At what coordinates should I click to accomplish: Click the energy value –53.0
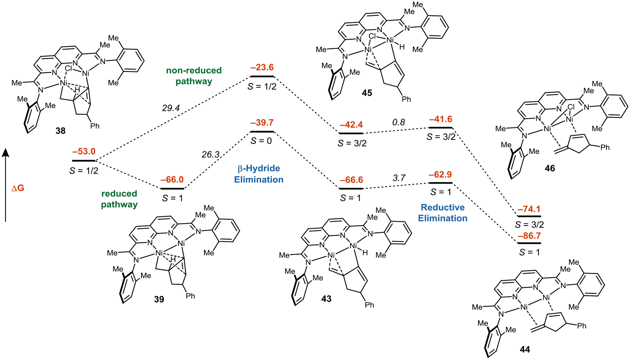click(x=84, y=152)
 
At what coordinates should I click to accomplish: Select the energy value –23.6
click(x=262, y=67)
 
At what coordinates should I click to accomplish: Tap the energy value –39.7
click(x=262, y=123)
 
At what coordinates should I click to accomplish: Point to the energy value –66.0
click(x=172, y=180)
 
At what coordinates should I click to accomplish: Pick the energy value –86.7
click(x=529, y=236)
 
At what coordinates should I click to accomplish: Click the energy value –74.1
click(x=529, y=209)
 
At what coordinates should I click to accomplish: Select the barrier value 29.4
click(x=171, y=108)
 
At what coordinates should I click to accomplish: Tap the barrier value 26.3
click(x=210, y=154)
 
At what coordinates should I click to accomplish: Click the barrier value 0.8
click(x=398, y=122)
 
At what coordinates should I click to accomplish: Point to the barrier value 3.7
click(x=399, y=178)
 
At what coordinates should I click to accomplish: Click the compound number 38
click(x=60, y=131)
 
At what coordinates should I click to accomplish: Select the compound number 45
click(x=367, y=93)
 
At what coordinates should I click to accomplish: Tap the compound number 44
click(x=525, y=349)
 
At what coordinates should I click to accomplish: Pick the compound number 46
click(x=549, y=168)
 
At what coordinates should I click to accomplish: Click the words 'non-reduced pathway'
click(x=194, y=76)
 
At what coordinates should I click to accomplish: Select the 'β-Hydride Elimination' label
click(x=259, y=174)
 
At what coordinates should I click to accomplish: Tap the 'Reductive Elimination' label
click(x=442, y=213)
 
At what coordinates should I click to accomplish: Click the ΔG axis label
click(x=18, y=188)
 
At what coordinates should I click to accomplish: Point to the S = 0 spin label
click(x=262, y=141)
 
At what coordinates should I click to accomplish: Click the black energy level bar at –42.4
click(x=351, y=133)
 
